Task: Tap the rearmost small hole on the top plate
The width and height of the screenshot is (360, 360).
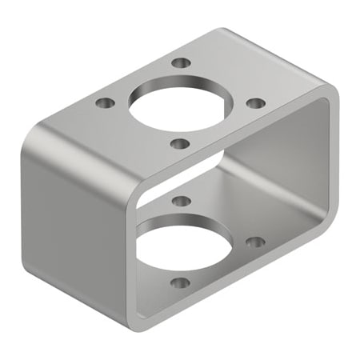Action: pyautogui.click(x=182, y=62)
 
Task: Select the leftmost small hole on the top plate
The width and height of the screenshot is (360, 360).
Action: pyautogui.click(x=104, y=103)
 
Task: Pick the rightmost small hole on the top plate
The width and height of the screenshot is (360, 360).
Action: pyautogui.click(x=255, y=103)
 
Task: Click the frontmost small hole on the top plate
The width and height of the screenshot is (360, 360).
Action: pyautogui.click(x=181, y=144)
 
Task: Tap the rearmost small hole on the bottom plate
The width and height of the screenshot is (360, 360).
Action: pyautogui.click(x=182, y=200)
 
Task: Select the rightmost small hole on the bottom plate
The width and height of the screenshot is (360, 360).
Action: pyautogui.click(x=255, y=241)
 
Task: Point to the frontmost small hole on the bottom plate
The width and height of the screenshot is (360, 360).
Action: pyautogui.click(x=181, y=282)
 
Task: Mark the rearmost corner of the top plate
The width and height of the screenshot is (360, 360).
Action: pyautogui.click(x=214, y=32)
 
